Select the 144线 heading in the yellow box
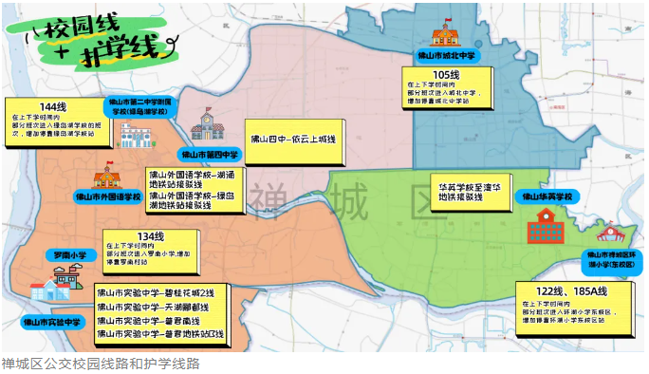pyautogui.click(x=54, y=105)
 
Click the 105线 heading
pyautogui.click(x=446, y=75)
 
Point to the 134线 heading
pyautogui.click(x=151, y=236)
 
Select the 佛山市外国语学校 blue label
pyautogui.click(x=108, y=196)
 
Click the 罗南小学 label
pyautogui.click(x=66, y=254)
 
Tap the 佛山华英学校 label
pyautogui.click(x=547, y=196)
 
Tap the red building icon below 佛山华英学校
pyautogui.click(x=546, y=226)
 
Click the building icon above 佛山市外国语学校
pyautogui.click(x=105, y=178)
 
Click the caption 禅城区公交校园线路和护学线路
pyautogui.click(x=101, y=363)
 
